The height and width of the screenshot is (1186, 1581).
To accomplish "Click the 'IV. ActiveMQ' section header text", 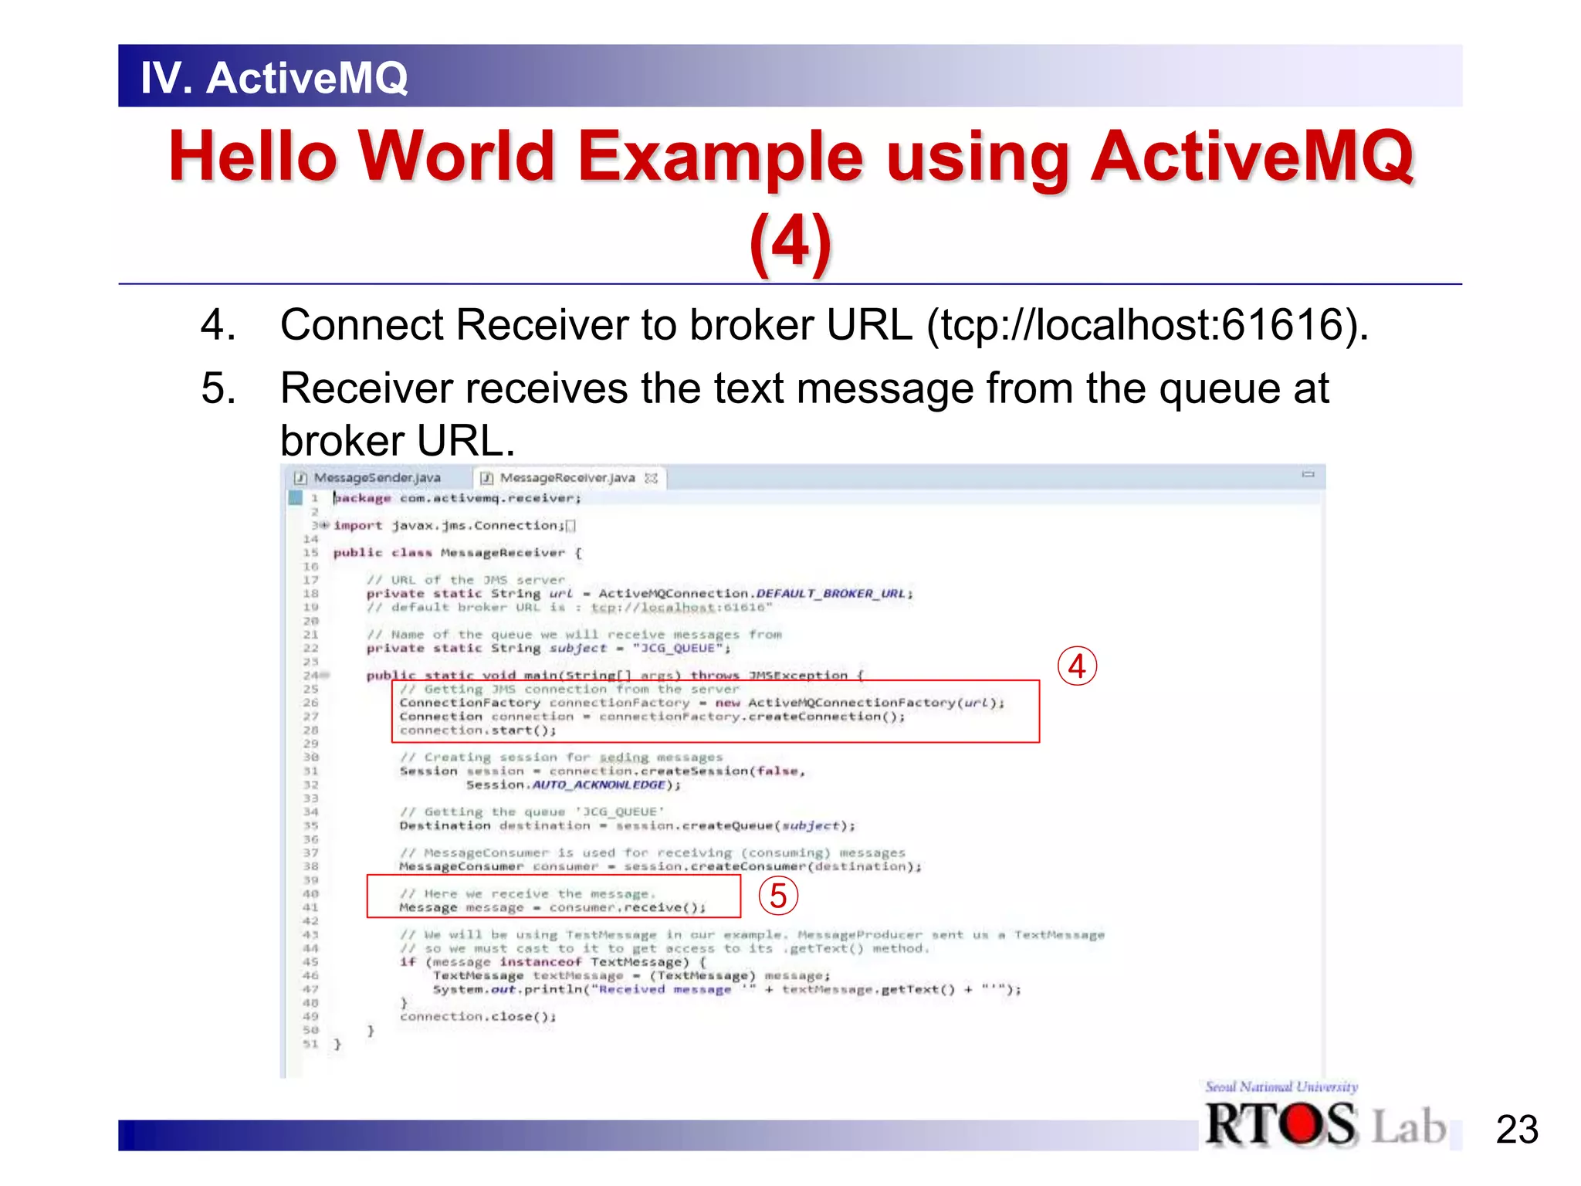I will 274,78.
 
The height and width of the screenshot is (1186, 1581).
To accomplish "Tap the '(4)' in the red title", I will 790,242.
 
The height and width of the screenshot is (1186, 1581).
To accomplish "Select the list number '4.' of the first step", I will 218,324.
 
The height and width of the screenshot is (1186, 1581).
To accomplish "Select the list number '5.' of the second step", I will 218,388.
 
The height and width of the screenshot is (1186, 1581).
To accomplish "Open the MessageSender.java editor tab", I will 376,478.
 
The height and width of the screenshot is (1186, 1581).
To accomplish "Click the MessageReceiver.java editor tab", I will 567,478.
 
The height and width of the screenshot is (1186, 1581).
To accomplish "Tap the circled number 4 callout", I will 1077,666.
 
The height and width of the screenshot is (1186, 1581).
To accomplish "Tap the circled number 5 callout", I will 777,896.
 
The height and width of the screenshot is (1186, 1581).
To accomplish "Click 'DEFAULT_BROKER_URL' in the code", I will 830,594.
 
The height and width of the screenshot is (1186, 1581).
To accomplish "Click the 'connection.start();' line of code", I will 478,730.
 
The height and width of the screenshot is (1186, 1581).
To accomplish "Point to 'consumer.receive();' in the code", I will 627,908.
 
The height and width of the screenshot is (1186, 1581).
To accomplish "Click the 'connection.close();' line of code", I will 478,1017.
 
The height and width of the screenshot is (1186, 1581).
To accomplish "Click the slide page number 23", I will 1517,1130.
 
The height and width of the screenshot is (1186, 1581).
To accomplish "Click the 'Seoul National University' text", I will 1281,1086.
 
